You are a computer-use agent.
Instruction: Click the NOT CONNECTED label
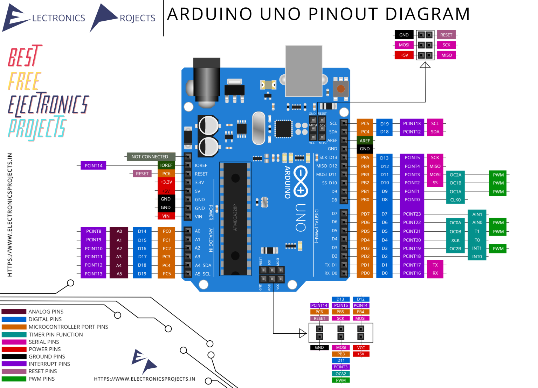pyautogui.click(x=150, y=157)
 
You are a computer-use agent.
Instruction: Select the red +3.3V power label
pyautogui.click(x=166, y=182)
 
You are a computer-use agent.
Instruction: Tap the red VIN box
pyautogui.click(x=166, y=216)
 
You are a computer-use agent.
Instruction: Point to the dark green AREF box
pyautogui.click(x=365, y=141)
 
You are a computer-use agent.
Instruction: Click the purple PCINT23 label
pyautogui.click(x=412, y=214)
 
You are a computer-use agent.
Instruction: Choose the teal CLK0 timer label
pyautogui.click(x=455, y=200)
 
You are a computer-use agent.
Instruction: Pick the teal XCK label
pyautogui.click(x=455, y=240)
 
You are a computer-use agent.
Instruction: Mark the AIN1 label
pyautogui.click(x=477, y=214)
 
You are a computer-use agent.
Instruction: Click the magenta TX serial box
pyautogui.click(x=435, y=265)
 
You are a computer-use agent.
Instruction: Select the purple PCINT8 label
pyautogui.click(x=94, y=231)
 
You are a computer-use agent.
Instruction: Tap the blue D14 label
pyautogui.click(x=142, y=231)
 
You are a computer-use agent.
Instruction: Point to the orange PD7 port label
pyautogui.click(x=365, y=214)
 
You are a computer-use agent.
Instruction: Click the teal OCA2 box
pyautogui.click(x=341, y=374)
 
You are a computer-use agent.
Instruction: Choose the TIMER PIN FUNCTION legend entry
pyautogui.click(x=56, y=335)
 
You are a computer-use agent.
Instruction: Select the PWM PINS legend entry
pyautogui.click(x=41, y=379)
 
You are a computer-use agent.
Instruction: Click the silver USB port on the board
pyautogui.click(x=304, y=71)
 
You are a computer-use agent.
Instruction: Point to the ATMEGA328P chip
pyautogui.click(x=235, y=218)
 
